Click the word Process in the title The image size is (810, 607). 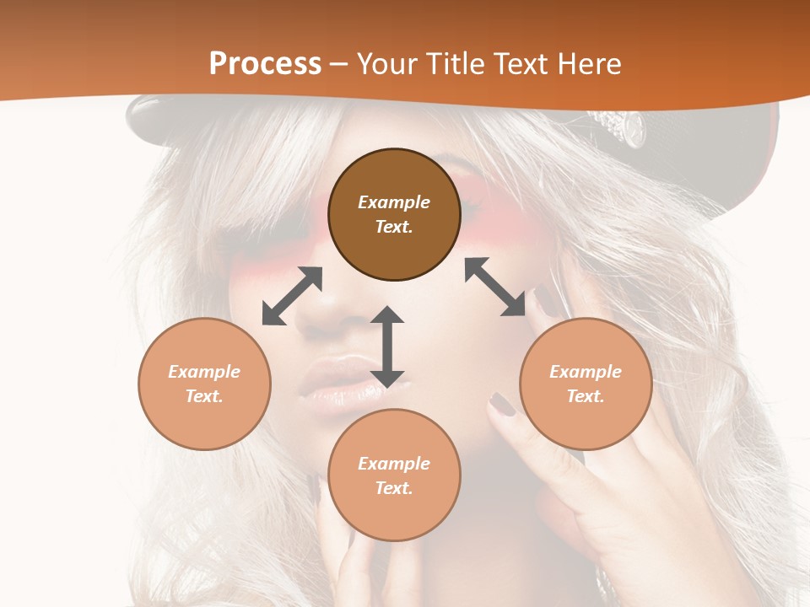click(265, 64)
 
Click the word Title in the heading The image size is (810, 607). click(455, 64)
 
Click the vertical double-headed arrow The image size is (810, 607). click(387, 346)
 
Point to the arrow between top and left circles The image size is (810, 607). click(292, 296)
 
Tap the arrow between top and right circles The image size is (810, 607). click(495, 287)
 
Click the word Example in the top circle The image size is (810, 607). click(394, 202)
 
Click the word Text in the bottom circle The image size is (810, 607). click(394, 488)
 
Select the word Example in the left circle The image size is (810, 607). click(204, 372)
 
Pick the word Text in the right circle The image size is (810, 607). click(586, 396)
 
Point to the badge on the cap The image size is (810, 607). click(624, 126)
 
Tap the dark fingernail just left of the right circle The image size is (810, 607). click(504, 404)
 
